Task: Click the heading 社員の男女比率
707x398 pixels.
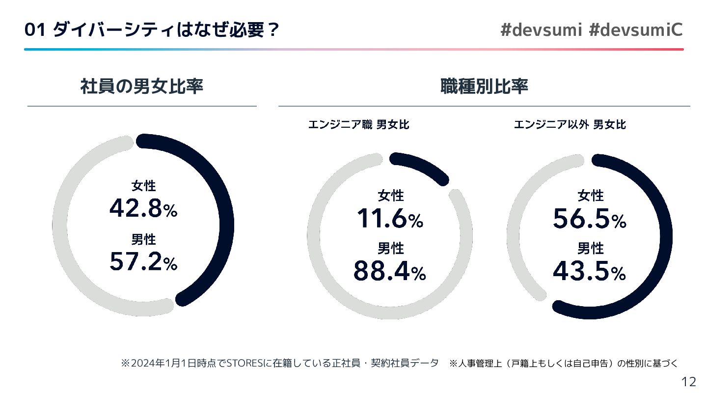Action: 141,87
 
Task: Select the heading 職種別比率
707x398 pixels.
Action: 484,87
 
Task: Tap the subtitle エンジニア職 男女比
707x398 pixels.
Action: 358,125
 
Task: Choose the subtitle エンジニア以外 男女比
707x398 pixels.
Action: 570,125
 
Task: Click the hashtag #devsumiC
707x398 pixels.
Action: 635,30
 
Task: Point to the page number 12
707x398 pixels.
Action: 689,382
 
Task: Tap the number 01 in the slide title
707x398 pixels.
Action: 35,30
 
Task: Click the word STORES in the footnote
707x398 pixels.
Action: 241,364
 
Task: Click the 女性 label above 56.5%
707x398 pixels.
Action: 590,196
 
